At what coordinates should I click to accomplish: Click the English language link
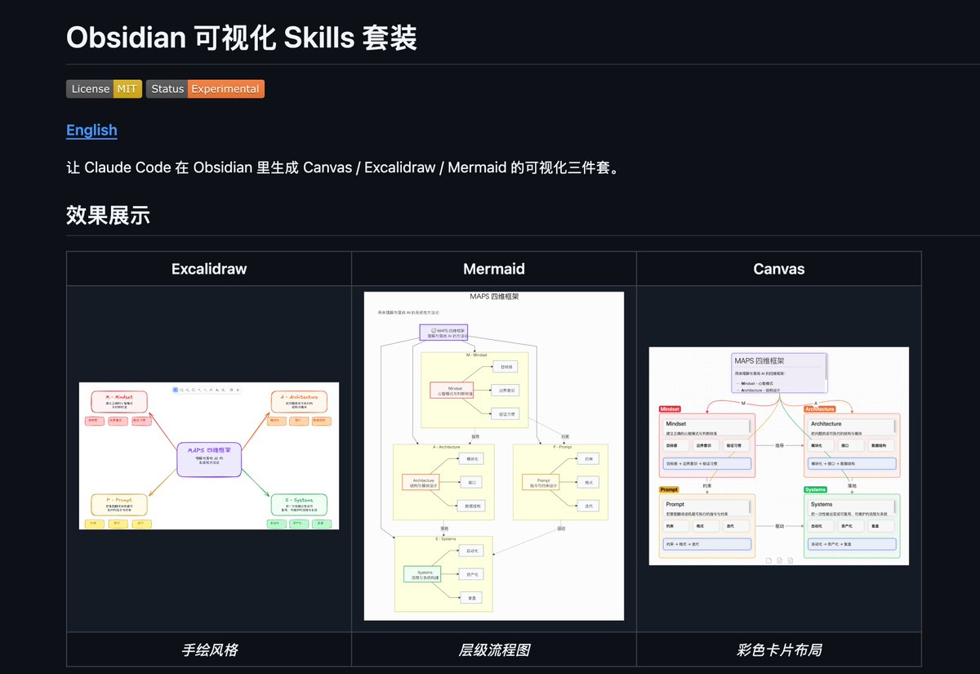coord(91,130)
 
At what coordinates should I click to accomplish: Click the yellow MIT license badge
coord(127,89)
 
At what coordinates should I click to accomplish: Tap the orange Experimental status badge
coord(225,89)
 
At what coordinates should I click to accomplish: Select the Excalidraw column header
coord(209,269)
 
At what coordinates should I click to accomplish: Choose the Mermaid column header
coord(494,269)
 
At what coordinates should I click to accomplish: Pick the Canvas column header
coord(778,269)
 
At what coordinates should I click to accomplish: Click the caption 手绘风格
coord(209,650)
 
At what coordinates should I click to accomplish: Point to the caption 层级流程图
coord(494,650)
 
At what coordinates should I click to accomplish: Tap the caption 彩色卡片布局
coord(778,650)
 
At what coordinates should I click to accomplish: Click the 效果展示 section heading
coord(108,216)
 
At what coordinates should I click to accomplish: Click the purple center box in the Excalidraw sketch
coord(209,458)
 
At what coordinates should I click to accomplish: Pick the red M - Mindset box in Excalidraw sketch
coord(119,400)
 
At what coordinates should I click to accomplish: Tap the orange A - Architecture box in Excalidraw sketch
coord(299,400)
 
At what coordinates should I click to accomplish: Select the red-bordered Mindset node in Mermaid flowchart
coord(451,391)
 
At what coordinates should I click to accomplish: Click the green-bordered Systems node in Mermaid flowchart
coord(422,574)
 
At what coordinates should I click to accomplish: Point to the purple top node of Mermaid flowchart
coord(443,333)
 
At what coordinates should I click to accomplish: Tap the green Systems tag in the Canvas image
coord(815,489)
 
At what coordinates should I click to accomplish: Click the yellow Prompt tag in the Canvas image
coord(669,489)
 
